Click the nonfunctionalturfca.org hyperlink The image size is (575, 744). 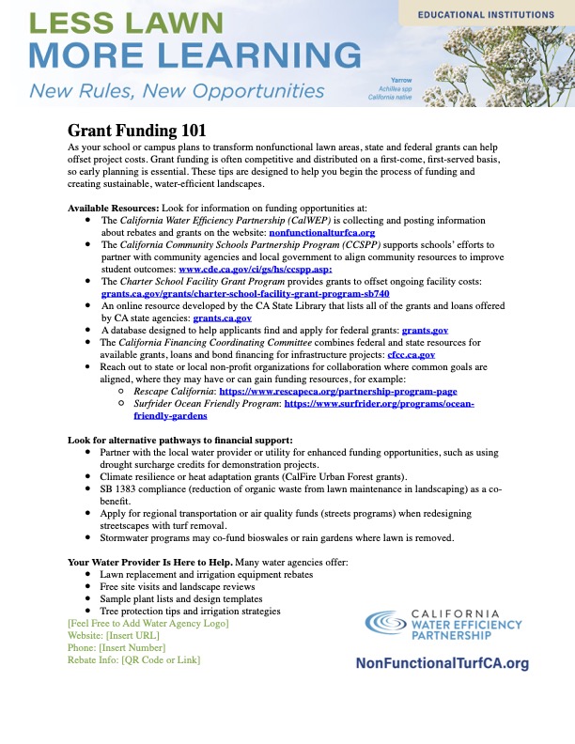tap(322, 231)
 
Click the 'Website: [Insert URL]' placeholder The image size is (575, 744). tap(107, 635)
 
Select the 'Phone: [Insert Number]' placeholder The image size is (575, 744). tap(117, 647)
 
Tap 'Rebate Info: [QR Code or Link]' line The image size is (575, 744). tap(134, 659)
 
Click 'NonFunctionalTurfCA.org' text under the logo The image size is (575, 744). tap(442, 663)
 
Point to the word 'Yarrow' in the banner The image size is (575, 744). tap(401, 81)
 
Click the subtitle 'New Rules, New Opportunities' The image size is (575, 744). tap(178, 91)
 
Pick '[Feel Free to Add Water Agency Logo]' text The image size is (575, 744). tap(148, 623)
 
